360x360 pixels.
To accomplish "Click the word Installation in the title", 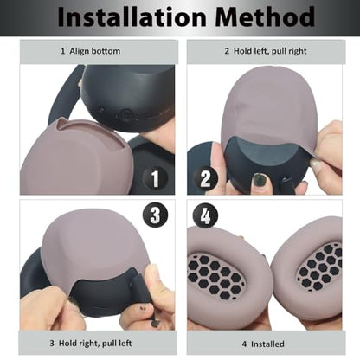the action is (132, 16).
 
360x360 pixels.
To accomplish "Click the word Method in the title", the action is (265, 16).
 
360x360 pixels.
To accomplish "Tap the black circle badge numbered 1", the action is (155, 178).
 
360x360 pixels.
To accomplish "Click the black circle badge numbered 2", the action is (205, 178).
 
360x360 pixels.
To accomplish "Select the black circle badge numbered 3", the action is (155, 215).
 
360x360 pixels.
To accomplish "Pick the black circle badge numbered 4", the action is (205, 215).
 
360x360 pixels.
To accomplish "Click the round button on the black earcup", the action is (125, 114).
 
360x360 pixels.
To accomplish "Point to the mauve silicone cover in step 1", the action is (75, 157).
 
